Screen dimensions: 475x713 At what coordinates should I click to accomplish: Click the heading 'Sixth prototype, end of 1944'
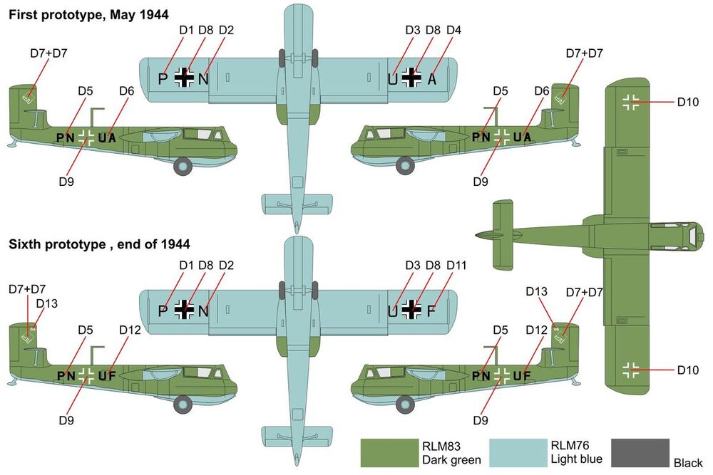(x=99, y=244)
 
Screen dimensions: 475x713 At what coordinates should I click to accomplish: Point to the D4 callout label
(x=453, y=30)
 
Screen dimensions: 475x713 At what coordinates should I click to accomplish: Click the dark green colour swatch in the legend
(x=389, y=452)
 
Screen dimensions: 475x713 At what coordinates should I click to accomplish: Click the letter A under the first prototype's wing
(x=431, y=79)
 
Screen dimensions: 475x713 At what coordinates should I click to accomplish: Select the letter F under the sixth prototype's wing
(x=431, y=310)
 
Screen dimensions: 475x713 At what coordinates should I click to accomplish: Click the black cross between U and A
(x=411, y=78)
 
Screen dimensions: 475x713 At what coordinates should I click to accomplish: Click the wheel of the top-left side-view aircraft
(x=184, y=167)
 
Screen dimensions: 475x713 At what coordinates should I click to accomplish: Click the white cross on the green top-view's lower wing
(x=631, y=370)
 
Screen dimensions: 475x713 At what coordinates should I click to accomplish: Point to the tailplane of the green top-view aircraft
(x=503, y=233)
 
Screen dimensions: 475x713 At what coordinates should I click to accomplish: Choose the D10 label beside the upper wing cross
(x=688, y=103)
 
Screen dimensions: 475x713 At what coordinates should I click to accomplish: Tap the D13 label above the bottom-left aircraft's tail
(x=46, y=304)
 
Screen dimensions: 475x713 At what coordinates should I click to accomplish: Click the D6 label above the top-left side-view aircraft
(x=127, y=91)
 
